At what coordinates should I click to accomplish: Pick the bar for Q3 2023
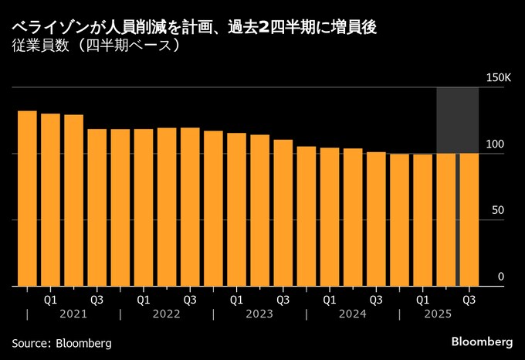click(x=283, y=212)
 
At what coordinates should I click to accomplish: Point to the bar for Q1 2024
click(x=330, y=216)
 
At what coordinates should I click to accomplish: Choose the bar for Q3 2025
click(x=469, y=219)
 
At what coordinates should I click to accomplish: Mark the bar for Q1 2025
click(x=422, y=219)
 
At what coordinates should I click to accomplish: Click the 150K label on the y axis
click(x=499, y=78)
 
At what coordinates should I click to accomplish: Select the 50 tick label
click(x=499, y=210)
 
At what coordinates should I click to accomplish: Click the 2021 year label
click(x=73, y=314)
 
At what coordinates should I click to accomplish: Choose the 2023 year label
click(x=259, y=314)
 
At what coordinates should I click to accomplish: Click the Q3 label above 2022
click(x=190, y=298)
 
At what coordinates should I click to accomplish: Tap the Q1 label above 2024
click(x=330, y=298)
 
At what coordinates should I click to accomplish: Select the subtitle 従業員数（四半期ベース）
click(x=97, y=46)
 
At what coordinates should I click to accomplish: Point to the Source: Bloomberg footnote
click(x=62, y=342)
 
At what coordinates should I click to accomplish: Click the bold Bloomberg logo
click(x=482, y=341)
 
